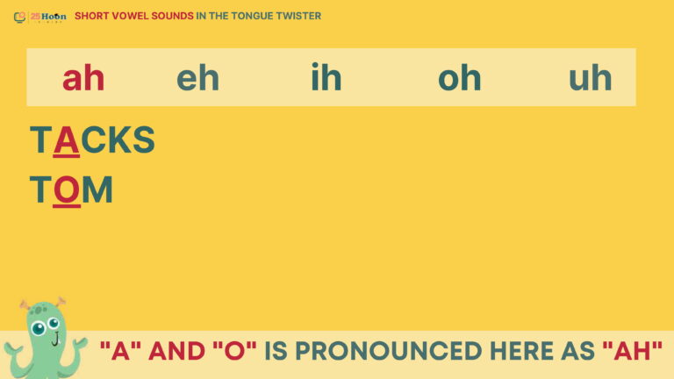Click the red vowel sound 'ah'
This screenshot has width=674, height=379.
pyautogui.click(x=83, y=78)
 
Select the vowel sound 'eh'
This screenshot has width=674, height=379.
pyautogui.click(x=197, y=78)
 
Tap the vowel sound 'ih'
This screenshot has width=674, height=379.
pyautogui.click(x=326, y=77)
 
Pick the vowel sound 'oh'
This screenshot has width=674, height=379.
pyautogui.click(x=460, y=78)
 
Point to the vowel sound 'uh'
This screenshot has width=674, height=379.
pyautogui.click(x=590, y=78)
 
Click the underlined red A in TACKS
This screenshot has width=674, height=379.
pyautogui.click(x=66, y=140)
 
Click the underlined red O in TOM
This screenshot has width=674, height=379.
pyautogui.click(x=67, y=190)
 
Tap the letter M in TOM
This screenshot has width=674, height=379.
pyautogui.click(x=97, y=189)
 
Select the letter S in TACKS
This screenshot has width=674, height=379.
pyautogui.click(x=144, y=139)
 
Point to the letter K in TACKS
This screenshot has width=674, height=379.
pyautogui.click(x=120, y=139)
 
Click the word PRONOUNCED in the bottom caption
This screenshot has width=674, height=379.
pyautogui.click(x=388, y=351)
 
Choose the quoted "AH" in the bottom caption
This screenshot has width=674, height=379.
pyautogui.click(x=632, y=350)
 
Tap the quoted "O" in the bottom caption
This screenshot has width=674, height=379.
pyautogui.click(x=234, y=350)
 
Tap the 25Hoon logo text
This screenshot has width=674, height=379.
pyautogui.click(x=48, y=17)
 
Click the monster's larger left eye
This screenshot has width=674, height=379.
pyautogui.click(x=39, y=329)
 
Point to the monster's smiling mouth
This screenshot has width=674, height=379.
pyautogui.click(x=56, y=340)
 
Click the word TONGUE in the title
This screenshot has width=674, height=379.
pyautogui.click(x=252, y=16)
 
